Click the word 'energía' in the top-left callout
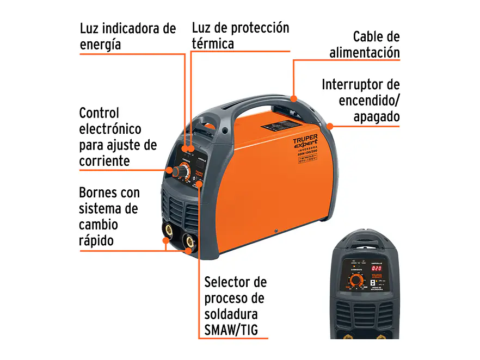point(100,45)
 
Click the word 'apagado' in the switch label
point(376,116)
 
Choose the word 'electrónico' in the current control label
point(110,129)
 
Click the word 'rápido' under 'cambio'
point(96,240)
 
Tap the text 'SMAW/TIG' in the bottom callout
point(231,331)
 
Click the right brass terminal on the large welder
point(189,240)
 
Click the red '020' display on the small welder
point(377,268)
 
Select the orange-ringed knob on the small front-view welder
point(356,281)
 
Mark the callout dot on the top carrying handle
point(294,99)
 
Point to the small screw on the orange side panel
point(276,231)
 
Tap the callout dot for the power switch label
point(329,126)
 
